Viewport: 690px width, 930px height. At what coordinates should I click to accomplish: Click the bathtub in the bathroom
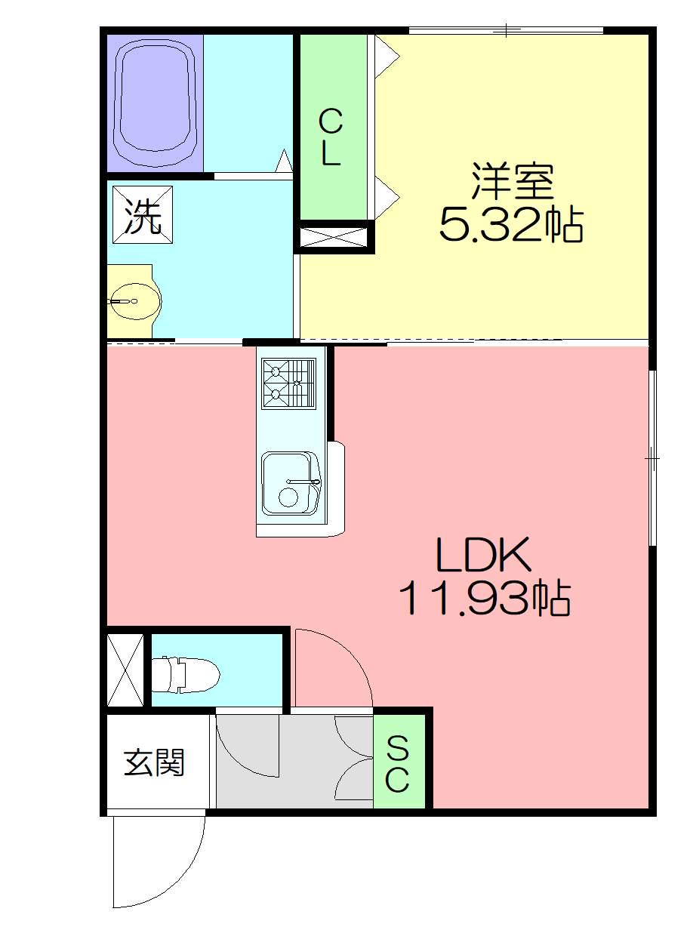155,103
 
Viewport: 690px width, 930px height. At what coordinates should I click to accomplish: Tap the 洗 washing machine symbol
143,214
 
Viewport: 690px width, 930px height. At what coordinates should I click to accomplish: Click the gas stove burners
288,383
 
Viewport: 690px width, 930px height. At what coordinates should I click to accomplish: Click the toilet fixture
186,675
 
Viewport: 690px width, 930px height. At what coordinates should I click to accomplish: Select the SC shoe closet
399,762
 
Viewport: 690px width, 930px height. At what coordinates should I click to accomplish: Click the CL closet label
330,137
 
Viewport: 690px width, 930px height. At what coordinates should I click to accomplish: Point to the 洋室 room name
512,182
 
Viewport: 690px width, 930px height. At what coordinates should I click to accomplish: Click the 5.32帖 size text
511,225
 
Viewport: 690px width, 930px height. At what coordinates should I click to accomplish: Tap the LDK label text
484,556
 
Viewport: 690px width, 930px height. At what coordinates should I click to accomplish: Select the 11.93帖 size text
485,599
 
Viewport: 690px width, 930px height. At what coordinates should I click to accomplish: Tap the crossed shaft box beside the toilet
125,670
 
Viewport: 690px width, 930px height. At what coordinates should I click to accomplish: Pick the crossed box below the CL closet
334,238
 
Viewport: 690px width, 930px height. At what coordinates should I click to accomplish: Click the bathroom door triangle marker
284,161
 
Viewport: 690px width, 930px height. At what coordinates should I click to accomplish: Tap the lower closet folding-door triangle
387,198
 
